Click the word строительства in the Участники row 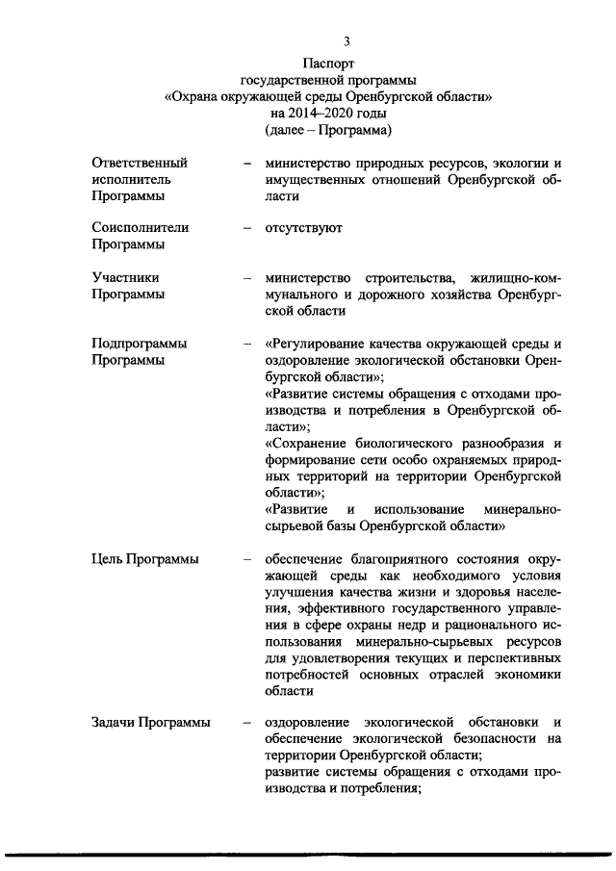point(393,277)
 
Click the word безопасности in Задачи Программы point(476,739)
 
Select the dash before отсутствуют point(247,228)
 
